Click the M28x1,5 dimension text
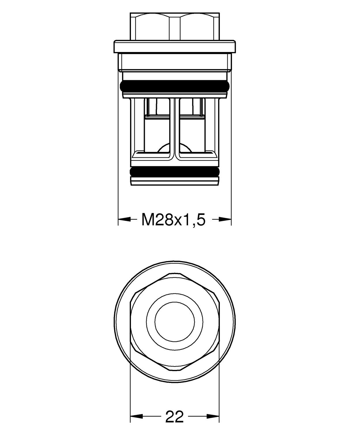(173, 220)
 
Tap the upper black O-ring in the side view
(175, 86)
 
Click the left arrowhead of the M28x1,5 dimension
(123, 220)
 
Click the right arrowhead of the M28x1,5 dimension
(226, 220)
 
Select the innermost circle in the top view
(175, 321)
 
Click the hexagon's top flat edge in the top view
(175, 273)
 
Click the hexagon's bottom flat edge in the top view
(175, 370)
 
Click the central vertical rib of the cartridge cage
(175, 127)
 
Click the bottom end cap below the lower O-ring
(175, 181)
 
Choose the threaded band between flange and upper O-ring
(175, 62)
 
